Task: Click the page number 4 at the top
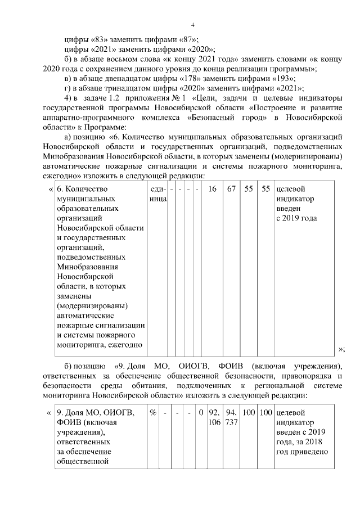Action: pos(192,25)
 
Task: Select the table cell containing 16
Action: pos(212,189)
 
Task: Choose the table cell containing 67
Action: pos(231,189)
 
